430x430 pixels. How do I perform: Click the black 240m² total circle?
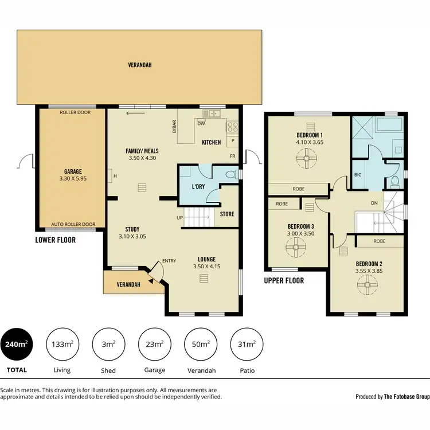16,344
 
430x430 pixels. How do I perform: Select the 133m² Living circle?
62,344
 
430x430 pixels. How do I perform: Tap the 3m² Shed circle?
108,344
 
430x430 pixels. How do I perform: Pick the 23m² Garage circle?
155,344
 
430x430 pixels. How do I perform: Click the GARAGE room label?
73,171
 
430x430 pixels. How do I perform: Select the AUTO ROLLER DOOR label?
73,225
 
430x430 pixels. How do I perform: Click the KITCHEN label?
211,142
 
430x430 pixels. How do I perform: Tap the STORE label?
227,214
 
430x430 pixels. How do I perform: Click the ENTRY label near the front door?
169,261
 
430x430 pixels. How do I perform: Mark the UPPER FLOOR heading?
284,281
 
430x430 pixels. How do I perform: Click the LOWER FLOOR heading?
55,240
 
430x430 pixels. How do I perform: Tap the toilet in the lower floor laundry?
232,174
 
